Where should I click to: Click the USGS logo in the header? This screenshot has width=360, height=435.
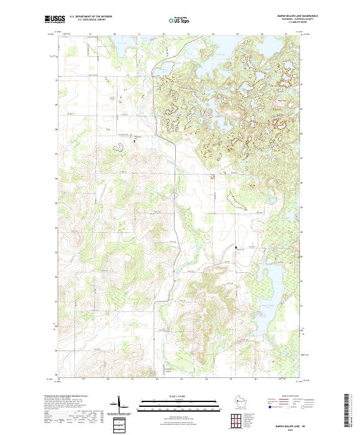click(x=54, y=19)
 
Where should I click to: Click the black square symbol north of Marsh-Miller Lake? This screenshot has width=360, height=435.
click(x=236, y=247)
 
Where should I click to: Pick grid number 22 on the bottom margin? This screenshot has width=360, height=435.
click(x=157, y=379)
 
